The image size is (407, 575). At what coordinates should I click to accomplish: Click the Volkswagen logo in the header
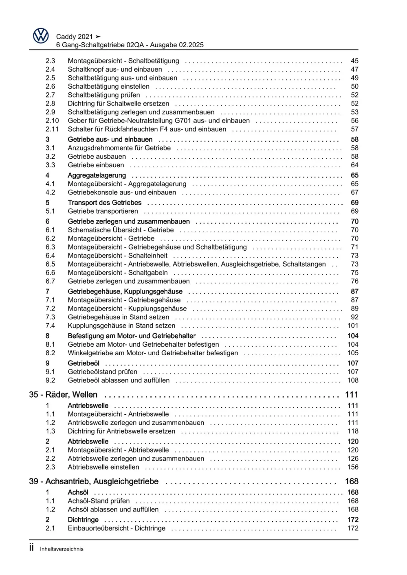coord(41,36)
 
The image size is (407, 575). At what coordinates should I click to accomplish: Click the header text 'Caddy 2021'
coord(75,37)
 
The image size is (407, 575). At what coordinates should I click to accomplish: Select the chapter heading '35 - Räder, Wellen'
coord(63,394)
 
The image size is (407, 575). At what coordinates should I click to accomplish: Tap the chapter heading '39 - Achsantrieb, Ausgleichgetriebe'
coord(94,481)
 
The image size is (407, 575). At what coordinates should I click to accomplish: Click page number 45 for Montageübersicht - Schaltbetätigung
coord(354,61)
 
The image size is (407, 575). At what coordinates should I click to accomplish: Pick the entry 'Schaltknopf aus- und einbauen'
coord(115,69)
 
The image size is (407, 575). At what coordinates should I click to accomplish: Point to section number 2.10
coord(52,120)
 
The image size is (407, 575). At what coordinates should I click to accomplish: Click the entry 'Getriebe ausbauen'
coord(97,156)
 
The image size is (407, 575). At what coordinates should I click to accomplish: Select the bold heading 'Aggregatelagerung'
coord(97,175)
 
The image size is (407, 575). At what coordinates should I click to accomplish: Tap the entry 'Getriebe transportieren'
coord(103,211)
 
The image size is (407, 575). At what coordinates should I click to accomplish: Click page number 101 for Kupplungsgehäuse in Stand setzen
coord(353,326)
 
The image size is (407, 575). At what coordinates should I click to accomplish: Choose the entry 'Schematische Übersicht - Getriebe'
coord(121,230)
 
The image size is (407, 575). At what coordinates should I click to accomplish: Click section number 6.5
coord(50,264)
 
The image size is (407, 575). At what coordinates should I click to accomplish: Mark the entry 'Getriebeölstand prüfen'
coord(102,372)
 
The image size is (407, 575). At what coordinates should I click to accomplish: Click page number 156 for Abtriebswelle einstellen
coord(353,467)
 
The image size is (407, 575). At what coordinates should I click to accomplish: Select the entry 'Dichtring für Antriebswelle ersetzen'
coord(121,431)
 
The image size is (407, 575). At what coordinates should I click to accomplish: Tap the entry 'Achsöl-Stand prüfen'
coord(99,501)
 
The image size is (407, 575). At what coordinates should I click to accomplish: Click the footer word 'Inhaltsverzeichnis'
coord(62,549)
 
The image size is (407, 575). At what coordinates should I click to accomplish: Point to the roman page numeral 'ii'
coord(31,547)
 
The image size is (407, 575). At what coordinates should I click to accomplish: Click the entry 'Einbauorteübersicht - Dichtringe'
coord(117,528)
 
